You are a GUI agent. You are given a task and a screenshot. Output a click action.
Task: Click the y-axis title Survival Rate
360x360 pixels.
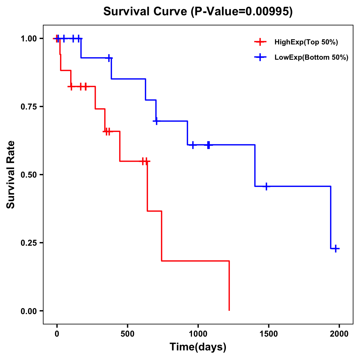[x=11, y=175]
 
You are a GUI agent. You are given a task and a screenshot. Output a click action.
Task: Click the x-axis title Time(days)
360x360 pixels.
[x=198, y=347]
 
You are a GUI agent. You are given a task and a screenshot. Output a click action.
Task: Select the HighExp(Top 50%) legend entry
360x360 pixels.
[x=306, y=42]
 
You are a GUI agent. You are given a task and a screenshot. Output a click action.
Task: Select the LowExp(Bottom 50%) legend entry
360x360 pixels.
[x=311, y=58]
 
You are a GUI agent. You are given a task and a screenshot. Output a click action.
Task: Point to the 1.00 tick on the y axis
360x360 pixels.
[x=29, y=39]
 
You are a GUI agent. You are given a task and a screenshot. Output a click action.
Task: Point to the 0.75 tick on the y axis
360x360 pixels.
[x=29, y=107]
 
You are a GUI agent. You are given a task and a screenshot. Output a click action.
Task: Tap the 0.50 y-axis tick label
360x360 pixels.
[x=29, y=175]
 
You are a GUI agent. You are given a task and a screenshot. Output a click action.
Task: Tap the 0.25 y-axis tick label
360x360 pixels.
[x=29, y=243]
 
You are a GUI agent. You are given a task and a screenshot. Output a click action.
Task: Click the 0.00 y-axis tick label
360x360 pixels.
[x=29, y=311]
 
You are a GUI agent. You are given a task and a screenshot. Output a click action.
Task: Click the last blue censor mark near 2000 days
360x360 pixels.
[x=336, y=248]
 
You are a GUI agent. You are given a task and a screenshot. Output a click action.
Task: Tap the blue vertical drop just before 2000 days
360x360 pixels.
[x=331, y=217]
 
